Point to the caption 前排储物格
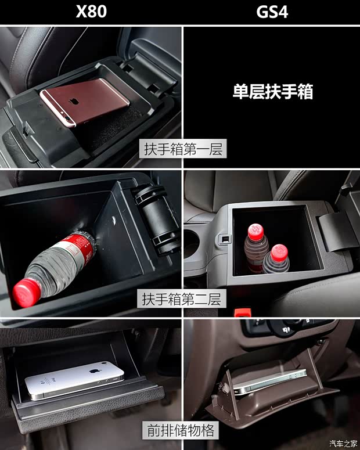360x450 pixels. click(x=179, y=430)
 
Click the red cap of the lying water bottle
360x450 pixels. click(x=27, y=292)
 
